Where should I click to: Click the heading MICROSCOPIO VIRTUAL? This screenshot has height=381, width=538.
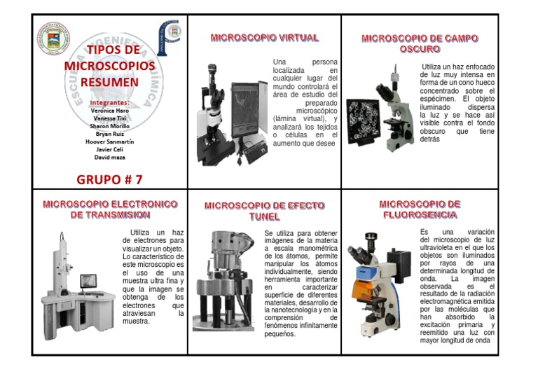(264, 38)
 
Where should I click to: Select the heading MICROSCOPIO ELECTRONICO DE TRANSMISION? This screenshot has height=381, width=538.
(110, 209)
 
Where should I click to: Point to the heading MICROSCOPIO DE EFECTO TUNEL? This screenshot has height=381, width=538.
(264, 211)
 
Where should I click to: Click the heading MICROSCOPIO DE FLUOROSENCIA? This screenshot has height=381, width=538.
(420, 209)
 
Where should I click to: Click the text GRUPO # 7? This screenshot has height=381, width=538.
(109, 179)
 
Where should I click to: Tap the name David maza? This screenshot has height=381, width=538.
(109, 157)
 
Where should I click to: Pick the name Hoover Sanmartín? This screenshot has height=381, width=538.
(109, 141)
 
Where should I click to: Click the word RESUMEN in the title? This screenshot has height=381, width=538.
(109, 81)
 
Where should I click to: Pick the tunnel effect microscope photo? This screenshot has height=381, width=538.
(224, 280)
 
